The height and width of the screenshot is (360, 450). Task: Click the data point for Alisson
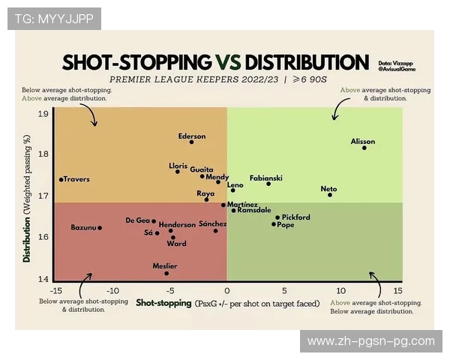(x=364, y=148)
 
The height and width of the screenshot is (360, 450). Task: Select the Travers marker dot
(x=61, y=179)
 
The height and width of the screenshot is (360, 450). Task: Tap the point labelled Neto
(x=330, y=195)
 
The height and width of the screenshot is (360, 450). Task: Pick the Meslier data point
(x=166, y=273)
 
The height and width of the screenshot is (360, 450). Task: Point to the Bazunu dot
(x=100, y=227)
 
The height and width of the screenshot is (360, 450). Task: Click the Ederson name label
(x=191, y=136)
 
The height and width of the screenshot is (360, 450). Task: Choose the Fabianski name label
(x=265, y=178)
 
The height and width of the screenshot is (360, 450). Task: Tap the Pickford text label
(x=295, y=217)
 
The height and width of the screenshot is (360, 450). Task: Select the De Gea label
(x=138, y=220)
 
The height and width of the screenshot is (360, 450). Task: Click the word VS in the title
(x=228, y=62)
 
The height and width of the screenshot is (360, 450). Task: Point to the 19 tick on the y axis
(x=43, y=114)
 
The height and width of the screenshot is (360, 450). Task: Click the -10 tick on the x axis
(x=112, y=291)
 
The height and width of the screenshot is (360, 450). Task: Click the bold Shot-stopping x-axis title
(x=163, y=304)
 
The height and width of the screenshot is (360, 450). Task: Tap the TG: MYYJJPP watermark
(x=53, y=18)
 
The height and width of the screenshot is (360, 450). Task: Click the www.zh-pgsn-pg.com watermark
(x=370, y=341)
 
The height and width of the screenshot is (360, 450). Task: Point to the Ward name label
(x=177, y=244)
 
